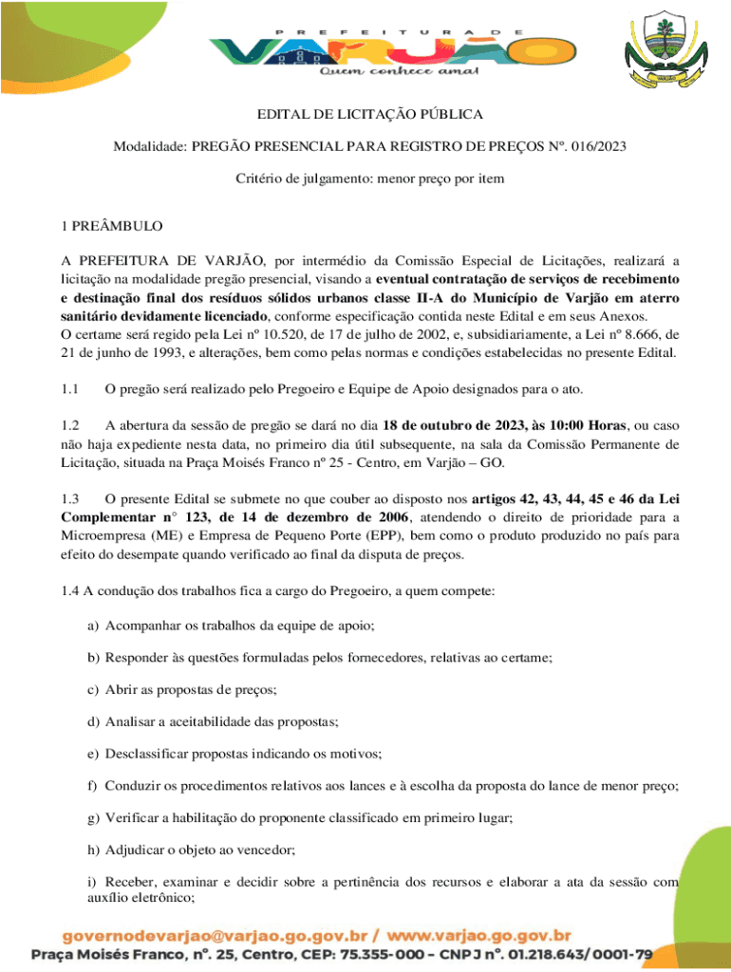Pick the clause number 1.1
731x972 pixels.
click(72, 390)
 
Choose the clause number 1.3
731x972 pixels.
click(72, 498)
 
